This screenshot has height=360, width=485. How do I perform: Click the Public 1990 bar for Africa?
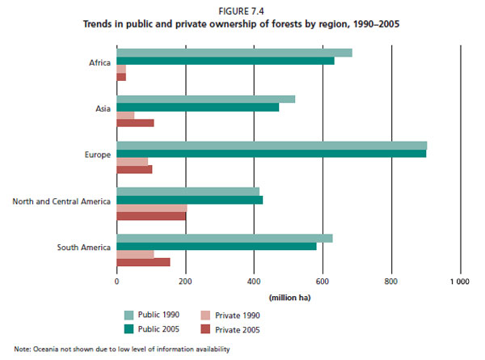[234, 53]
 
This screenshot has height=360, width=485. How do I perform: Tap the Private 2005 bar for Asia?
[135, 123]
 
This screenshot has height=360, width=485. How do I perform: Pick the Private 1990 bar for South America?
[135, 254]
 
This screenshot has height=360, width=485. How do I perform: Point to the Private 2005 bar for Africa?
[121, 77]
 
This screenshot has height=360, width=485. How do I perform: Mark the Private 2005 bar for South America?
[143, 262]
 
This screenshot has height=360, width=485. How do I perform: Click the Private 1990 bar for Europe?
[133, 162]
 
